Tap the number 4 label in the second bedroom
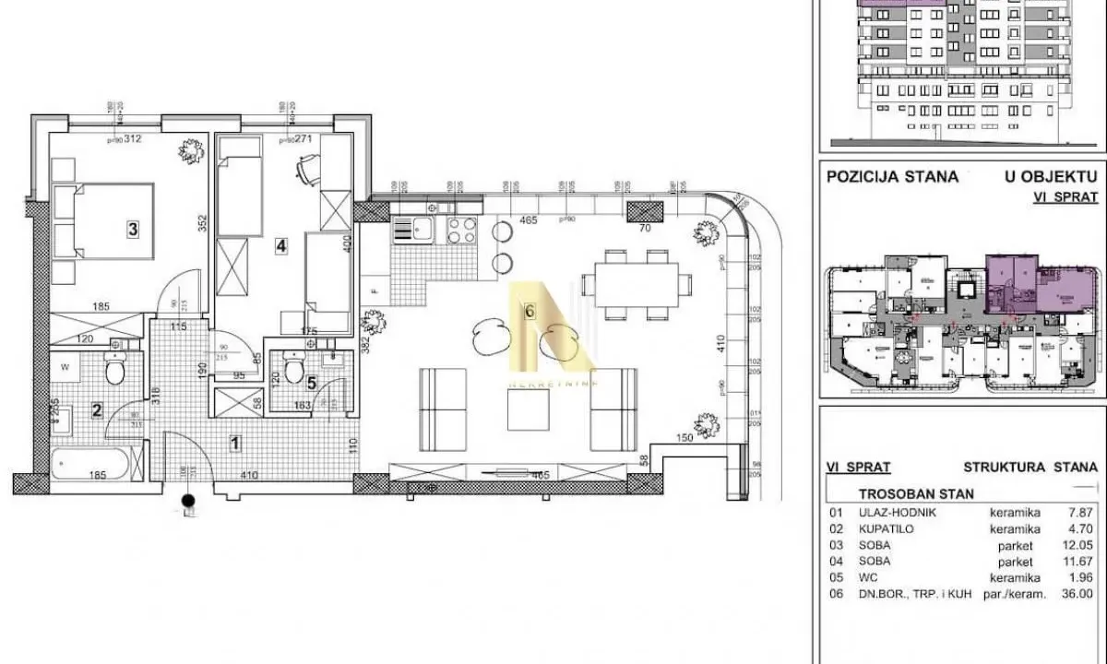[x=281, y=245]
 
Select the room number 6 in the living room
[x=529, y=312]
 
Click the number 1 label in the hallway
[x=235, y=444]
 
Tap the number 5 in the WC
[x=311, y=385]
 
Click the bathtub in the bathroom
[x=97, y=462]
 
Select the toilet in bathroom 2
[x=115, y=371]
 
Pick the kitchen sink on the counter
[x=422, y=229]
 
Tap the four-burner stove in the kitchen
[x=461, y=230]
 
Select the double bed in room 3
[x=103, y=221]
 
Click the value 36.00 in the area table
[x=1077, y=595]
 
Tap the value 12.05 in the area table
[x=1077, y=546]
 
